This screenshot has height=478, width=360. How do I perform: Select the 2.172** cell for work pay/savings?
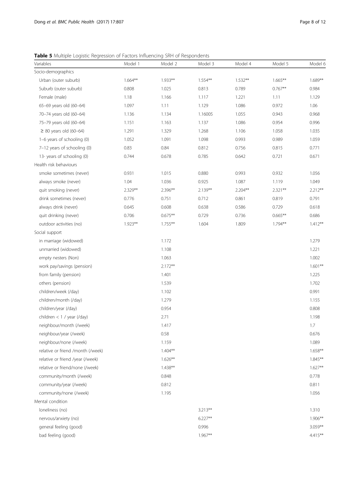tap(168, 266)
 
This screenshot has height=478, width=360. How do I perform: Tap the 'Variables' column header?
tap(43, 64)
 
